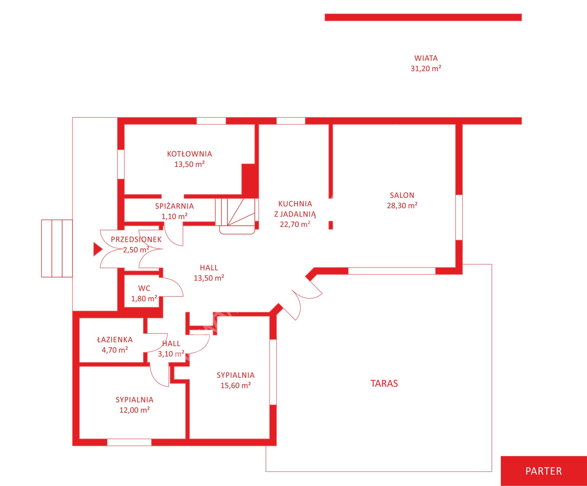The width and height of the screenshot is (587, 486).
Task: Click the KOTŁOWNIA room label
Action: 189,154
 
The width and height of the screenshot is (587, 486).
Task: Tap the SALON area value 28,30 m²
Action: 402,205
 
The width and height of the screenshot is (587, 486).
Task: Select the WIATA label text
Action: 426,58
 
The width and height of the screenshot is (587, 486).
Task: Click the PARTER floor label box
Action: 544,471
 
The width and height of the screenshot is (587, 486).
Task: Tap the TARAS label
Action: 384,384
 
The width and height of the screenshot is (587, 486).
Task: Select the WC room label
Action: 144,288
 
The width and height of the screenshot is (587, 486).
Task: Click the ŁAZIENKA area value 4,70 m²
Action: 115,350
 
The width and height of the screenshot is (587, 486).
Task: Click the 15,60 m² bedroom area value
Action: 236,385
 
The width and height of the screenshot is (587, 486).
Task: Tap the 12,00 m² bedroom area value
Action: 135,410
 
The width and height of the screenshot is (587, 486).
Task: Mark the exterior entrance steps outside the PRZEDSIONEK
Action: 57,248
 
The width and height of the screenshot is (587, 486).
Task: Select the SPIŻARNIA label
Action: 174,206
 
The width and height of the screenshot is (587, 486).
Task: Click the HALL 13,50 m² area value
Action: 209,278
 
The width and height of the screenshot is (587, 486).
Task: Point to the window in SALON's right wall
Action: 459,217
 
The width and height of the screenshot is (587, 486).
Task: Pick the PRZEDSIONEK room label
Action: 136,239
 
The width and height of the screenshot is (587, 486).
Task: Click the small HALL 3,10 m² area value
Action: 171,354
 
